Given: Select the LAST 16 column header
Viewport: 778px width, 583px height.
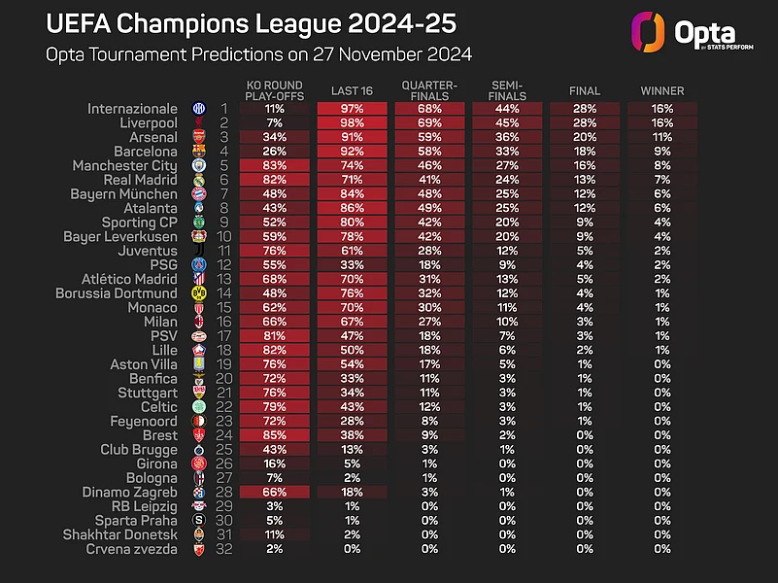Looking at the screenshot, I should pos(353,90).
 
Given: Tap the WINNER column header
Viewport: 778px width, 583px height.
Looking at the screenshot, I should pos(662,90).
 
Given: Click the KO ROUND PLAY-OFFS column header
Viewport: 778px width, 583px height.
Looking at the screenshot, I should pos(275,90).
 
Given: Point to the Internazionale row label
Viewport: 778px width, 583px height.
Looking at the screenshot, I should pos(132,109).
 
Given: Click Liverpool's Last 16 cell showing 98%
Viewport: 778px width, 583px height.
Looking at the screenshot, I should pos(353,123).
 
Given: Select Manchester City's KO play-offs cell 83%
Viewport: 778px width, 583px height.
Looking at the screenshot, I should pos(275,166).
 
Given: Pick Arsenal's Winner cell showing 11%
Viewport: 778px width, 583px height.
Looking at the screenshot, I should pos(662,138).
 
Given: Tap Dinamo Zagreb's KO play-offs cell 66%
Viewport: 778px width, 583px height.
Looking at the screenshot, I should pos(275,493).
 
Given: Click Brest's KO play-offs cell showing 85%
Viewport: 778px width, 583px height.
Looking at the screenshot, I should pos(275,435).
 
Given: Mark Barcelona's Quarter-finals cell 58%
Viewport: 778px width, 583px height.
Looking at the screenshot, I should pos(430,152).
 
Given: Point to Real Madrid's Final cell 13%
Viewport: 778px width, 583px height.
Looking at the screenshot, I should pos(585,180).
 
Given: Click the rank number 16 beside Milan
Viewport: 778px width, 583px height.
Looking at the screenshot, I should pos(223,322).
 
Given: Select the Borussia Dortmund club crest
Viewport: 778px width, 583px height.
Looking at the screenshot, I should pos(199,293).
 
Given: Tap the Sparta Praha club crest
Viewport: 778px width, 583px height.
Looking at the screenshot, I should pos(199,521).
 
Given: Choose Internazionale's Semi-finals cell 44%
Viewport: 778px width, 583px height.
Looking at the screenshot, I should pos(507,109).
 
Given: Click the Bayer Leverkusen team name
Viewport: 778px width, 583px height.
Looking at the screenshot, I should pos(120,236).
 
